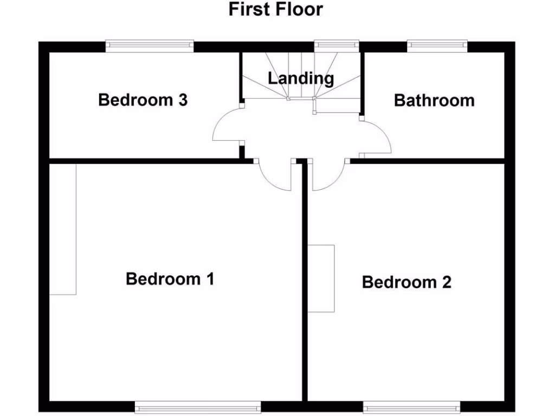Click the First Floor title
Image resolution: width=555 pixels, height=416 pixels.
(x=275, y=9)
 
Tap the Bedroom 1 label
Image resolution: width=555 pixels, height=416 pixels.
(x=170, y=279)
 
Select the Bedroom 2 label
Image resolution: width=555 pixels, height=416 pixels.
(x=406, y=282)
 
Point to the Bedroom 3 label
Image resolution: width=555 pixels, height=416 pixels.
(x=143, y=100)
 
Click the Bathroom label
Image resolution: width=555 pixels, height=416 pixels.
(x=434, y=100)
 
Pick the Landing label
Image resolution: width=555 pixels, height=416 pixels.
(x=301, y=78)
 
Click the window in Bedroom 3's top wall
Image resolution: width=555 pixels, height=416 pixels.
(x=150, y=46)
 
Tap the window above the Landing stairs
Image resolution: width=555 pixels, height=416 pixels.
(x=337, y=46)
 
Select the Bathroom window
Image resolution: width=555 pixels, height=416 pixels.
(x=437, y=46)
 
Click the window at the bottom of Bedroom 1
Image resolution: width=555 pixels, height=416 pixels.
(x=198, y=407)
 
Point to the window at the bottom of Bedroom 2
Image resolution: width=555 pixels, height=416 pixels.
(x=412, y=407)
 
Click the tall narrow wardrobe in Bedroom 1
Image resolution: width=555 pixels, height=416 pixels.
(x=63, y=229)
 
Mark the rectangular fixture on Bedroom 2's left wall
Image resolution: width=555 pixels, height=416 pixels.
(x=321, y=278)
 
